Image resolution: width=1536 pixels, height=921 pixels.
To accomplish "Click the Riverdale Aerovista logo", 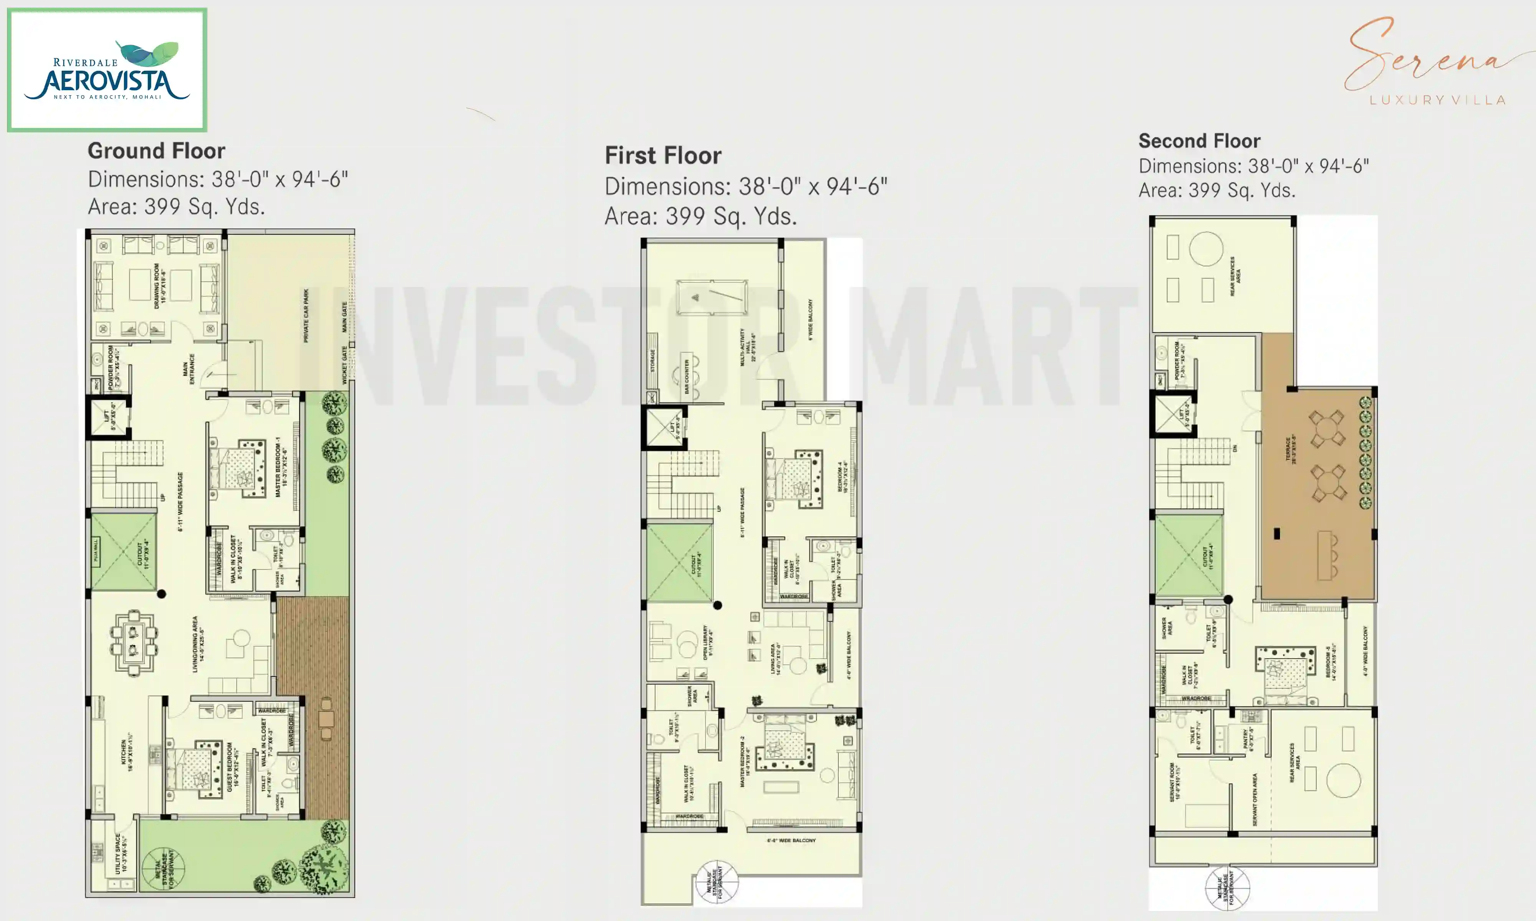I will coord(107,69).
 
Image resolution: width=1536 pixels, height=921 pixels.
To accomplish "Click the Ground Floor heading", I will coord(156,151).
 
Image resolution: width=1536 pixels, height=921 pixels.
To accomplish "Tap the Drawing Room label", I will coord(160,286).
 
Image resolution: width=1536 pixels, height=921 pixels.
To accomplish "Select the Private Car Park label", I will coord(305,315).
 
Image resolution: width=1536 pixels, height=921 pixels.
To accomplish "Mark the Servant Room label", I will coord(1174,782).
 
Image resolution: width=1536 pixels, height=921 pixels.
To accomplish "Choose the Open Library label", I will coord(707,642).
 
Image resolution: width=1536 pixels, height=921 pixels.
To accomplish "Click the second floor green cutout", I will coord(1188,555).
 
